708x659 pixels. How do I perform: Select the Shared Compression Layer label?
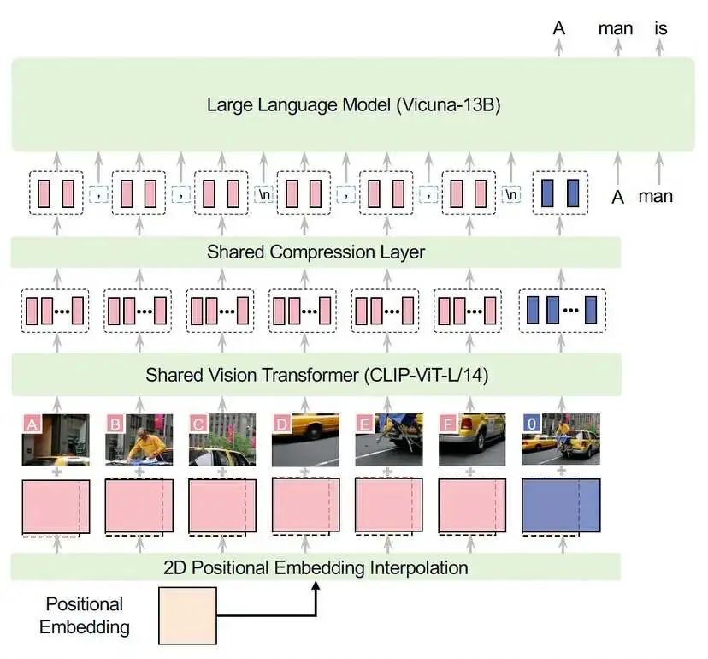point(316,252)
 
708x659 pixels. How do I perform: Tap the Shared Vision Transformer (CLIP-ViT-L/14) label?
point(316,375)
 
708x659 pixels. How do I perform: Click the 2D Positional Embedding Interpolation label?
point(316,567)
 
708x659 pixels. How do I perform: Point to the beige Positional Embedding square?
point(187,615)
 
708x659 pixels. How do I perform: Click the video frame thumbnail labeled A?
point(56,440)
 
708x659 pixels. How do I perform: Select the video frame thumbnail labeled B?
point(139,440)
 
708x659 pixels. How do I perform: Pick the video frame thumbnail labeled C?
point(222,440)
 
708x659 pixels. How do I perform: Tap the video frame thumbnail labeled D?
point(306,440)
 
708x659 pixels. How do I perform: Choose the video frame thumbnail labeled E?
point(389,440)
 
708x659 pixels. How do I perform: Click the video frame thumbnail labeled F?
point(473,440)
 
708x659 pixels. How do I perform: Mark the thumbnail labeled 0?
point(560,440)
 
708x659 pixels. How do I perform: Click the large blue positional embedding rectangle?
point(560,506)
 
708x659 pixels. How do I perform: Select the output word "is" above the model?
point(659,28)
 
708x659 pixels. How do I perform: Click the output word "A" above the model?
point(559,28)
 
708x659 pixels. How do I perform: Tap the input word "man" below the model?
point(656,196)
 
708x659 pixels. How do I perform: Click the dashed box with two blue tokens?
point(560,193)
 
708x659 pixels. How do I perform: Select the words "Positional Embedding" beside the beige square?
point(85,615)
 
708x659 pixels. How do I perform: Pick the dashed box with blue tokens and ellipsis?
point(560,309)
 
